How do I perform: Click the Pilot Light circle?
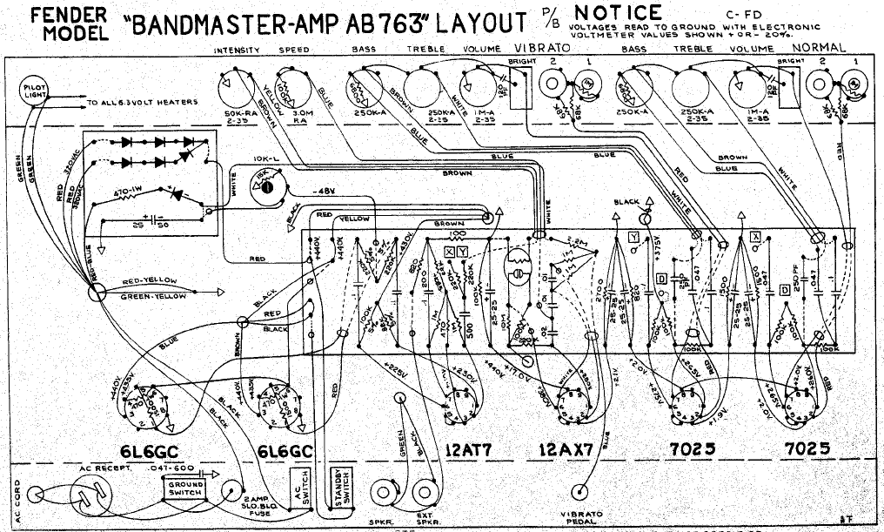pos(36,91)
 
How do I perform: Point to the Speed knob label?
pos(294,51)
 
